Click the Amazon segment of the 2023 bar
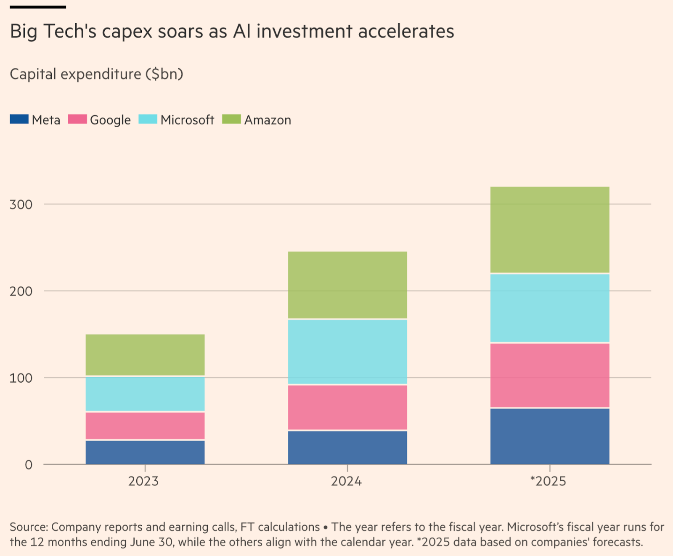pyautogui.click(x=145, y=355)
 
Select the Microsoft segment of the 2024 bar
pyautogui.click(x=347, y=352)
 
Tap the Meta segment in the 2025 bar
pyautogui.click(x=550, y=436)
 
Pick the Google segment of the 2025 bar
pyautogui.click(x=550, y=375)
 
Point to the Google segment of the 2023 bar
pyautogui.click(x=145, y=426)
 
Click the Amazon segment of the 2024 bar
pyautogui.click(x=347, y=285)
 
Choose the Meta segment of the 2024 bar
pyautogui.click(x=347, y=447)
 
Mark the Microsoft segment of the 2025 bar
pyautogui.click(x=550, y=308)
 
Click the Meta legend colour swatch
pyautogui.click(x=19, y=119)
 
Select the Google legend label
pyautogui.click(x=110, y=120)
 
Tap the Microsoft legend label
pyautogui.click(x=187, y=120)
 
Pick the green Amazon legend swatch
pyautogui.click(x=231, y=119)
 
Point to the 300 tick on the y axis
pyautogui.click(x=21, y=205)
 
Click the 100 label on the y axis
pyautogui.click(x=21, y=378)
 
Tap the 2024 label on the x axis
pyautogui.click(x=346, y=481)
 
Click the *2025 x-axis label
pyautogui.click(x=548, y=481)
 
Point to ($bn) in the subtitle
pyautogui.click(x=164, y=74)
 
